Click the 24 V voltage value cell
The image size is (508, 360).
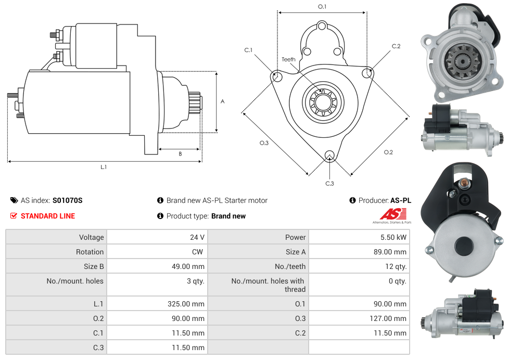[197, 237]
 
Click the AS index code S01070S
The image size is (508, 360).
[67, 200]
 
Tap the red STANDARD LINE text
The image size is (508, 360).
[48, 216]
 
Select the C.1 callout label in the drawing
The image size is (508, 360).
[248, 50]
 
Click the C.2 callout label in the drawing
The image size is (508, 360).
[396, 46]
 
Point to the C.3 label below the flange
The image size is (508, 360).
[329, 183]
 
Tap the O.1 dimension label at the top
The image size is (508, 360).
[322, 6]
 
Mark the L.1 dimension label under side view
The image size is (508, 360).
[104, 167]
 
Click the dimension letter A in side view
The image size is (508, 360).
[222, 101]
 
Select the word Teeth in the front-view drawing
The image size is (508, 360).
[288, 59]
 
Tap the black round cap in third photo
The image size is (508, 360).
[462, 246]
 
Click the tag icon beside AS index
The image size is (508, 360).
[14, 200]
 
